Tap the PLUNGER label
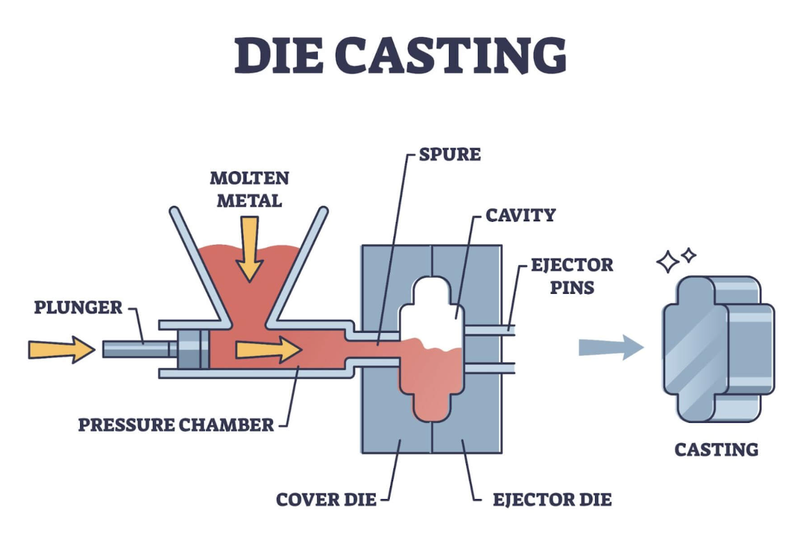[78, 308]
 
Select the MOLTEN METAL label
[249, 189]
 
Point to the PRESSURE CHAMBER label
[176, 425]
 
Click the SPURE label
[450, 154]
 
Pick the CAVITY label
[521, 215]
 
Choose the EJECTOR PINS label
[571, 276]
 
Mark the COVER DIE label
[326, 500]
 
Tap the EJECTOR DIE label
[552, 500]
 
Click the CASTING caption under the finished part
[716, 450]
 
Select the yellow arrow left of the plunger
[61, 349]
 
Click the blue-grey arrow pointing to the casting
[610, 347]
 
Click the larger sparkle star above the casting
[667, 262]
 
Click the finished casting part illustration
[717, 348]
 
